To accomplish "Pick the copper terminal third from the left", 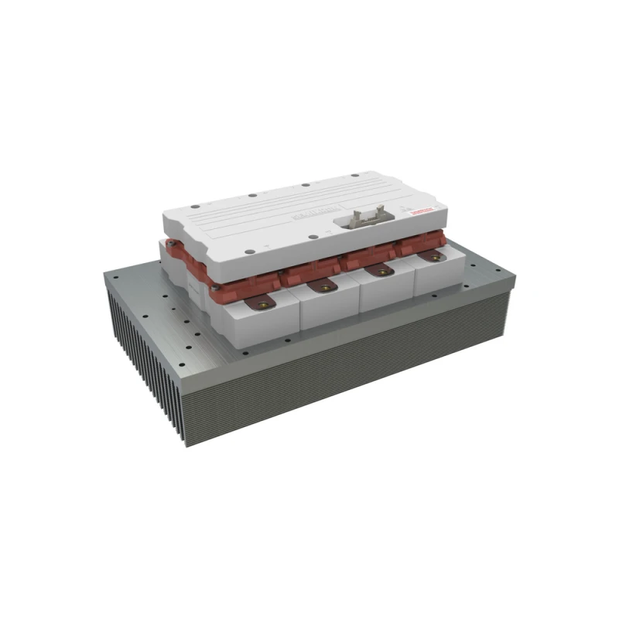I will (379, 271).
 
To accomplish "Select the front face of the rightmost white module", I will (438, 279).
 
